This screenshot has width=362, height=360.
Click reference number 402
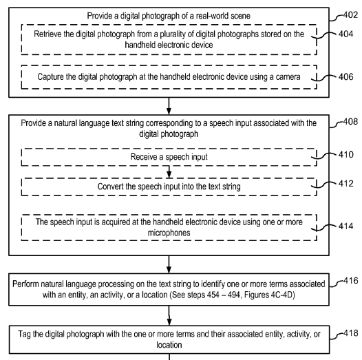[350, 15]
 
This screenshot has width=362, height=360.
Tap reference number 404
[346, 34]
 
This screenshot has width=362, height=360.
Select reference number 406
[346, 76]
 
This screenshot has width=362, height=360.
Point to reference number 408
[350, 122]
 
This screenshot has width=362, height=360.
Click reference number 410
[346, 154]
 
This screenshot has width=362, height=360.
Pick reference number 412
[346, 184]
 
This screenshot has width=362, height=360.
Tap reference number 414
[346, 226]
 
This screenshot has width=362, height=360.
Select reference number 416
[351, 281]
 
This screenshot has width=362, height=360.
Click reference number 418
[351, 333]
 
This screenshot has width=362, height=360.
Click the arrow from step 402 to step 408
[169, 106]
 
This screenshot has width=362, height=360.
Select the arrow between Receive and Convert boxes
[169, 172]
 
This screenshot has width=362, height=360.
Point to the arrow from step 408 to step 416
[169, 264]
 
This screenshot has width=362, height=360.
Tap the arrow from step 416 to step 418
[169, 316]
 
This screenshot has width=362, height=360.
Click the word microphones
[169, 233]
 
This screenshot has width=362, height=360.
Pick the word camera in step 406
[288, 77]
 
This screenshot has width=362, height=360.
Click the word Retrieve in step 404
[47, 34]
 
